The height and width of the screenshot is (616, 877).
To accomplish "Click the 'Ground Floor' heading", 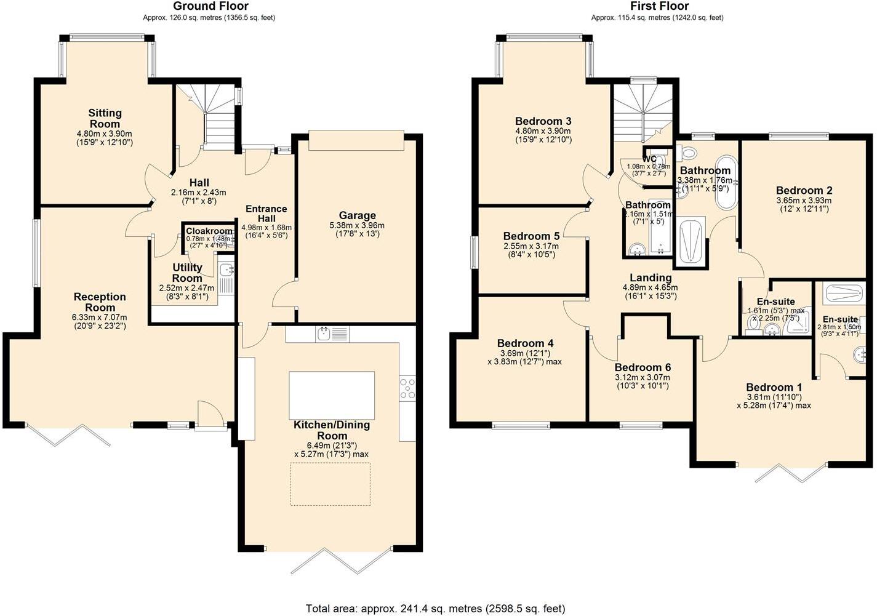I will click(x=210, y=7).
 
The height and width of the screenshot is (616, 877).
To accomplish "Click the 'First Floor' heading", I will click(x=657, y=7).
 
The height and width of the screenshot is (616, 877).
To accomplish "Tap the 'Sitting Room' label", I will click(x=105, y=118).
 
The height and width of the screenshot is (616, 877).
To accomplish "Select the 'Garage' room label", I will click(x=357, y=215).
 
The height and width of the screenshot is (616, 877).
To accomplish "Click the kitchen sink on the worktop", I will click(x=324, y=334).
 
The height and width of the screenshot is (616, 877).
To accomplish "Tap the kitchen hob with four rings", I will click(x=407, y=389).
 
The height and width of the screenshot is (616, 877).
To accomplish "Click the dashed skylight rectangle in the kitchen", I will click(x=330, y=484).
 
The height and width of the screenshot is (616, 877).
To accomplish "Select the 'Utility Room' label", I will click(x=187, y=273).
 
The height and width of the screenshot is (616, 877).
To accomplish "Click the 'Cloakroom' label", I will click(x=209, y=231).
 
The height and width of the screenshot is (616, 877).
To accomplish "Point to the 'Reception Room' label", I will click(x=100, y=302).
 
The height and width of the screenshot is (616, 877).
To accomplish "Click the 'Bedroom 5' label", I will click(x=531, y=236).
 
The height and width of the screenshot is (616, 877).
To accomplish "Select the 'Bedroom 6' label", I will click(x=643, y=367).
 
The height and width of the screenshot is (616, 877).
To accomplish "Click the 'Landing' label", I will click(x=651, y=278).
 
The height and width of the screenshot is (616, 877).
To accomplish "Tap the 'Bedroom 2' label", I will click(x=804, y=191).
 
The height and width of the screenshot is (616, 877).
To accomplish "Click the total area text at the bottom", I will click(x=435, y=609).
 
